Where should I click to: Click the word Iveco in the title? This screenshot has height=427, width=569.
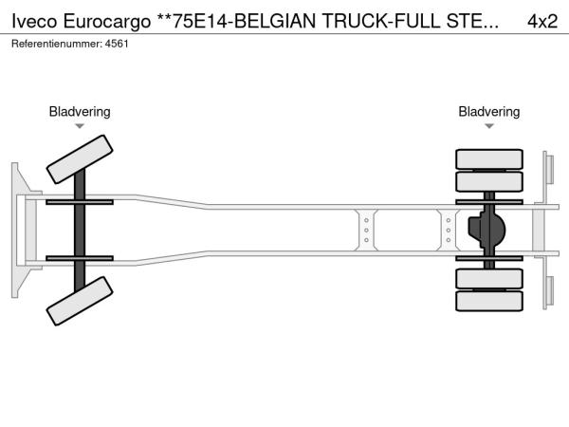tap(34, 21)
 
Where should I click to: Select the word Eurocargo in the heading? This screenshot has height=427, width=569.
tap(107, 22)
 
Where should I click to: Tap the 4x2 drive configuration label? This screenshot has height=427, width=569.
tap(542, 22)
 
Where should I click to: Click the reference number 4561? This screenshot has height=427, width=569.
tap(117, 44)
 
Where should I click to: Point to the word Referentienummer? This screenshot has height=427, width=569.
tap(57, 44)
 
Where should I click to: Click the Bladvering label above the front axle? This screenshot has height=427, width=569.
tap(80, 112)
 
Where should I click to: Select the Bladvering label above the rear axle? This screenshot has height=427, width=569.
tap(488, 112)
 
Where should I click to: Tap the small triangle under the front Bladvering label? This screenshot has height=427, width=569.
tap(80, 126)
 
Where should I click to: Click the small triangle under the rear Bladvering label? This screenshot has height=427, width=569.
tap(489, 126)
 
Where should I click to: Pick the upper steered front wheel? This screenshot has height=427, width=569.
tap(80, 159)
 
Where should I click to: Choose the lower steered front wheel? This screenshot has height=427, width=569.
tap(80, 301)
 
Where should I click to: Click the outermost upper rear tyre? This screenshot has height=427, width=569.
tap(489, 159)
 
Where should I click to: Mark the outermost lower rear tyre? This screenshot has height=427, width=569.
tap(489, 301)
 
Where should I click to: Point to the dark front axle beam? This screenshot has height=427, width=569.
tap(80, 231)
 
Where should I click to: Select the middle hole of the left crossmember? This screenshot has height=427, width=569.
tap(366, 231)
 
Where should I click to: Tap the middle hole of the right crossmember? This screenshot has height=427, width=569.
tap(449, 231)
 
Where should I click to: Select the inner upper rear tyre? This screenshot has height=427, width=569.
tap(489, 181)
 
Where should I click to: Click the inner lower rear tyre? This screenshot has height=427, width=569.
tap(489, 278)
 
